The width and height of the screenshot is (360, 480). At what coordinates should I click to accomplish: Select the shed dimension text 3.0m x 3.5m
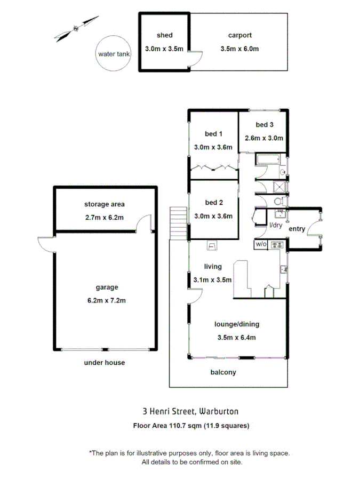tap(164, 49)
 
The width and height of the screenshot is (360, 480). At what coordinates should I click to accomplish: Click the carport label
tap(239, 36)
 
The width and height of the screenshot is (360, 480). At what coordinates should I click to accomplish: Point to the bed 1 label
tap(213, 134)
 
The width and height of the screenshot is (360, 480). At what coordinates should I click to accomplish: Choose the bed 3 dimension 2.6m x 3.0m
tap(264, 138)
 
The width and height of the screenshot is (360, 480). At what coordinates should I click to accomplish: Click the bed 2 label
tap(213, 203)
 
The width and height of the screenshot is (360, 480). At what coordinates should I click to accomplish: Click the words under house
tap(104, 363)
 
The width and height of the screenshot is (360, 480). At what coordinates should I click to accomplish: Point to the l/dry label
tap(275, 226)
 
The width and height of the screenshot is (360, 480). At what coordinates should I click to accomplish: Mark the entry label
tap(297, 229)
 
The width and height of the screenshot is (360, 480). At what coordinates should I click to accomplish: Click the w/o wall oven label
tap(260, 244)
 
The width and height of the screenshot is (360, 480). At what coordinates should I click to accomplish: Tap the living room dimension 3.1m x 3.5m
tap(212, 279)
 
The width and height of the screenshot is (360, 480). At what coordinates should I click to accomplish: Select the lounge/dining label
tap(236, 324)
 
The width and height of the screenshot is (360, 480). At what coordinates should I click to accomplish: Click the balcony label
tap(223, 372)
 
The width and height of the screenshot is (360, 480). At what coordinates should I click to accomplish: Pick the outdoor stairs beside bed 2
tap(178, 223)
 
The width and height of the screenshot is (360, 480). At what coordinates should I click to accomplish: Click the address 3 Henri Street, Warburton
tap(190, 411)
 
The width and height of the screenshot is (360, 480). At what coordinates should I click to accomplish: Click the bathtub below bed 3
tap(267, 159)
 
